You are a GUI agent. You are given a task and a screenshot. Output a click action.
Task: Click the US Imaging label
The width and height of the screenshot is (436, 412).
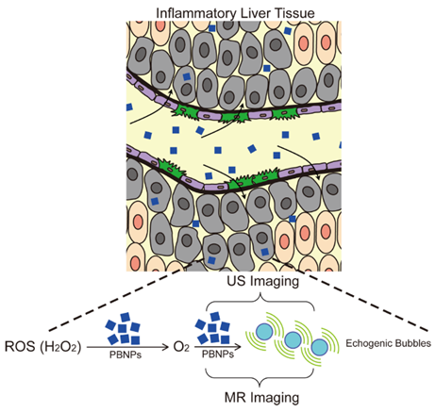coord(263,281)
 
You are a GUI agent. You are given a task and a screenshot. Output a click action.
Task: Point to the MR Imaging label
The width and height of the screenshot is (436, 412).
coord(261,397)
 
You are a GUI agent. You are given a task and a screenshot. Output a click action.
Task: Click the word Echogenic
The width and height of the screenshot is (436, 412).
coord(367,343)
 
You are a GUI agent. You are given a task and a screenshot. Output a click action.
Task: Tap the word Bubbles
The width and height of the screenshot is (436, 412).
coord(411,343)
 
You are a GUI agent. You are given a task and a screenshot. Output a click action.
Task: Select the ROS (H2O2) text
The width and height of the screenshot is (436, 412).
coord(43,347)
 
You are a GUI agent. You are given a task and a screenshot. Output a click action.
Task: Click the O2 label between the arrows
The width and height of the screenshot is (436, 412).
coord(181,347)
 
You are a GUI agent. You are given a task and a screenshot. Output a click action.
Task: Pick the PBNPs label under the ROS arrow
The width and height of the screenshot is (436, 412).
coord(126,355)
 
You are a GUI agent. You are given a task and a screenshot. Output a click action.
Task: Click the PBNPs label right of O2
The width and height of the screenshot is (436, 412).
coord(218,354)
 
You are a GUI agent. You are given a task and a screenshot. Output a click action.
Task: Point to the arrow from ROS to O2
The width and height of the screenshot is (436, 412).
coord(127,347)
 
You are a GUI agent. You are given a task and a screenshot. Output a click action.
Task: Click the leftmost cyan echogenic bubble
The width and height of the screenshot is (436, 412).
coord(264,332)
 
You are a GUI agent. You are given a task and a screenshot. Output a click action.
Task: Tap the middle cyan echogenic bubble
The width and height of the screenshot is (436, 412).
coord(293,339)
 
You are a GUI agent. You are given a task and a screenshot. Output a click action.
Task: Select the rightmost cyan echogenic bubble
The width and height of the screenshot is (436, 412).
coord(320,347)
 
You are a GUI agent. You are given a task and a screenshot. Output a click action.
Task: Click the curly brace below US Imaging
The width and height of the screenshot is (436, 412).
coord(260,301)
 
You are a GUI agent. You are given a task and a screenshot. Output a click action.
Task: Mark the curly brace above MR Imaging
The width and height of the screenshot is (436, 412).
coord(260,378)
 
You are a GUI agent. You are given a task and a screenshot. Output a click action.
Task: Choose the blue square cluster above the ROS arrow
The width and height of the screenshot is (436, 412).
coord(123,329)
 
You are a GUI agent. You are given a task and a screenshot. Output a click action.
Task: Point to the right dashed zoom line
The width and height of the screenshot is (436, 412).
coord(351,296)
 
